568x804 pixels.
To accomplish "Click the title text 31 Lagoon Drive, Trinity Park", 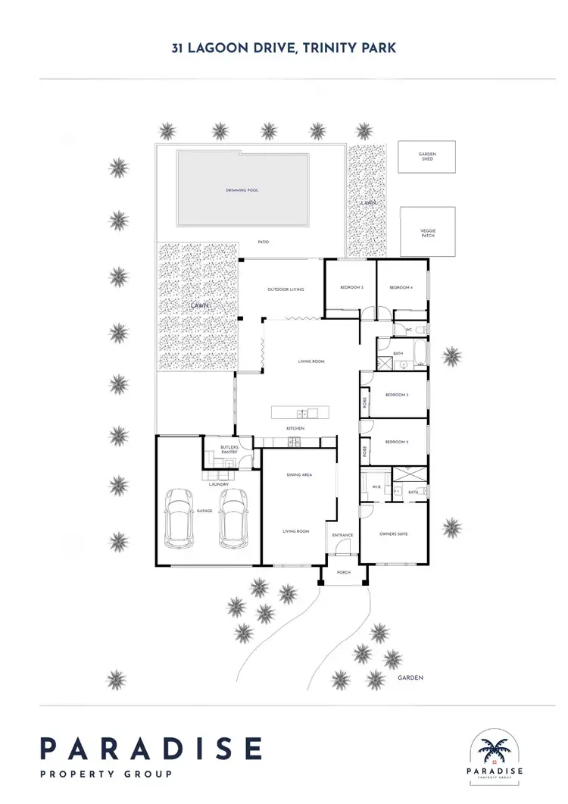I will pyautogui.click(x=283, y=48).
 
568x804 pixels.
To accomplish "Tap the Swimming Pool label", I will pyautogui.click(x=242, y=190).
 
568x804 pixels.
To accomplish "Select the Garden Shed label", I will pyautogui.click(x=427, y=156).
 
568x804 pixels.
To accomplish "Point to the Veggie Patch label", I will pyautogui.click(x=428, y=232).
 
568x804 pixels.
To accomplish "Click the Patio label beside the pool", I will pyautogui.click(x=262, y=242).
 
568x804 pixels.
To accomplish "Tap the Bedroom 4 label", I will pyautogui.click(x=401, y=288).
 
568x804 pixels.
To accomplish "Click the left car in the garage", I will pyautogui.click(x=179, y=518).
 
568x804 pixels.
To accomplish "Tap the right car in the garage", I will pyautogui.click(x=233, y=518).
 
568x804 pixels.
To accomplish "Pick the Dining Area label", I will pyautogui.click(x=299, y=475).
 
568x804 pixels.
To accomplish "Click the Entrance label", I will pyautogui.click(x=342, y=536).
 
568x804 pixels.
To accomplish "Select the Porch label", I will pyautogui.click(x=343, y=574).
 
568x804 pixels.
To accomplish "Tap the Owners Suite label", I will pyautogui.click(x=393, y=534).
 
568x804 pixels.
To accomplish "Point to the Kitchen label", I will pyautogui.click(x=295, y=429).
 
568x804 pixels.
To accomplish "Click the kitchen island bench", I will pyautogui.click(x=301, y=413).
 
